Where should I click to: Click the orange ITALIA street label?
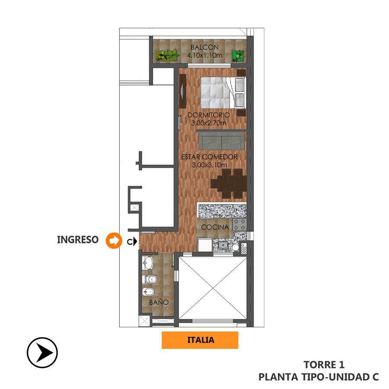[200, 340]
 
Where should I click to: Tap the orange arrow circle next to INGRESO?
[114, 240]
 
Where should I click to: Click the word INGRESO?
[78, 239]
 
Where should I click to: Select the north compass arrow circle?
[42, 352]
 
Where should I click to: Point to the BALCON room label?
[204, 47]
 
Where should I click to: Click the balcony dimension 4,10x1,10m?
[204, 55]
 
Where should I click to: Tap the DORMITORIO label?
[209, 115]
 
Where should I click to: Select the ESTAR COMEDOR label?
[209, 157]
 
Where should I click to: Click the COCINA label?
[215, 227]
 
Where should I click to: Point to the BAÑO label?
[159, 302]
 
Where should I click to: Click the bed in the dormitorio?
[223, 92]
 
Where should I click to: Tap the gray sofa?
[221, 140]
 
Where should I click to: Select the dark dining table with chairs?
[229, 184]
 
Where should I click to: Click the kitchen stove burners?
[239, 224]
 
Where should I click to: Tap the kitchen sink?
[223, 245]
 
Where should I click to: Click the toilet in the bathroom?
[149, 280]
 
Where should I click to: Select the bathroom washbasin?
[148, 263]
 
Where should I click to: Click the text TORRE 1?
[324, 365]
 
